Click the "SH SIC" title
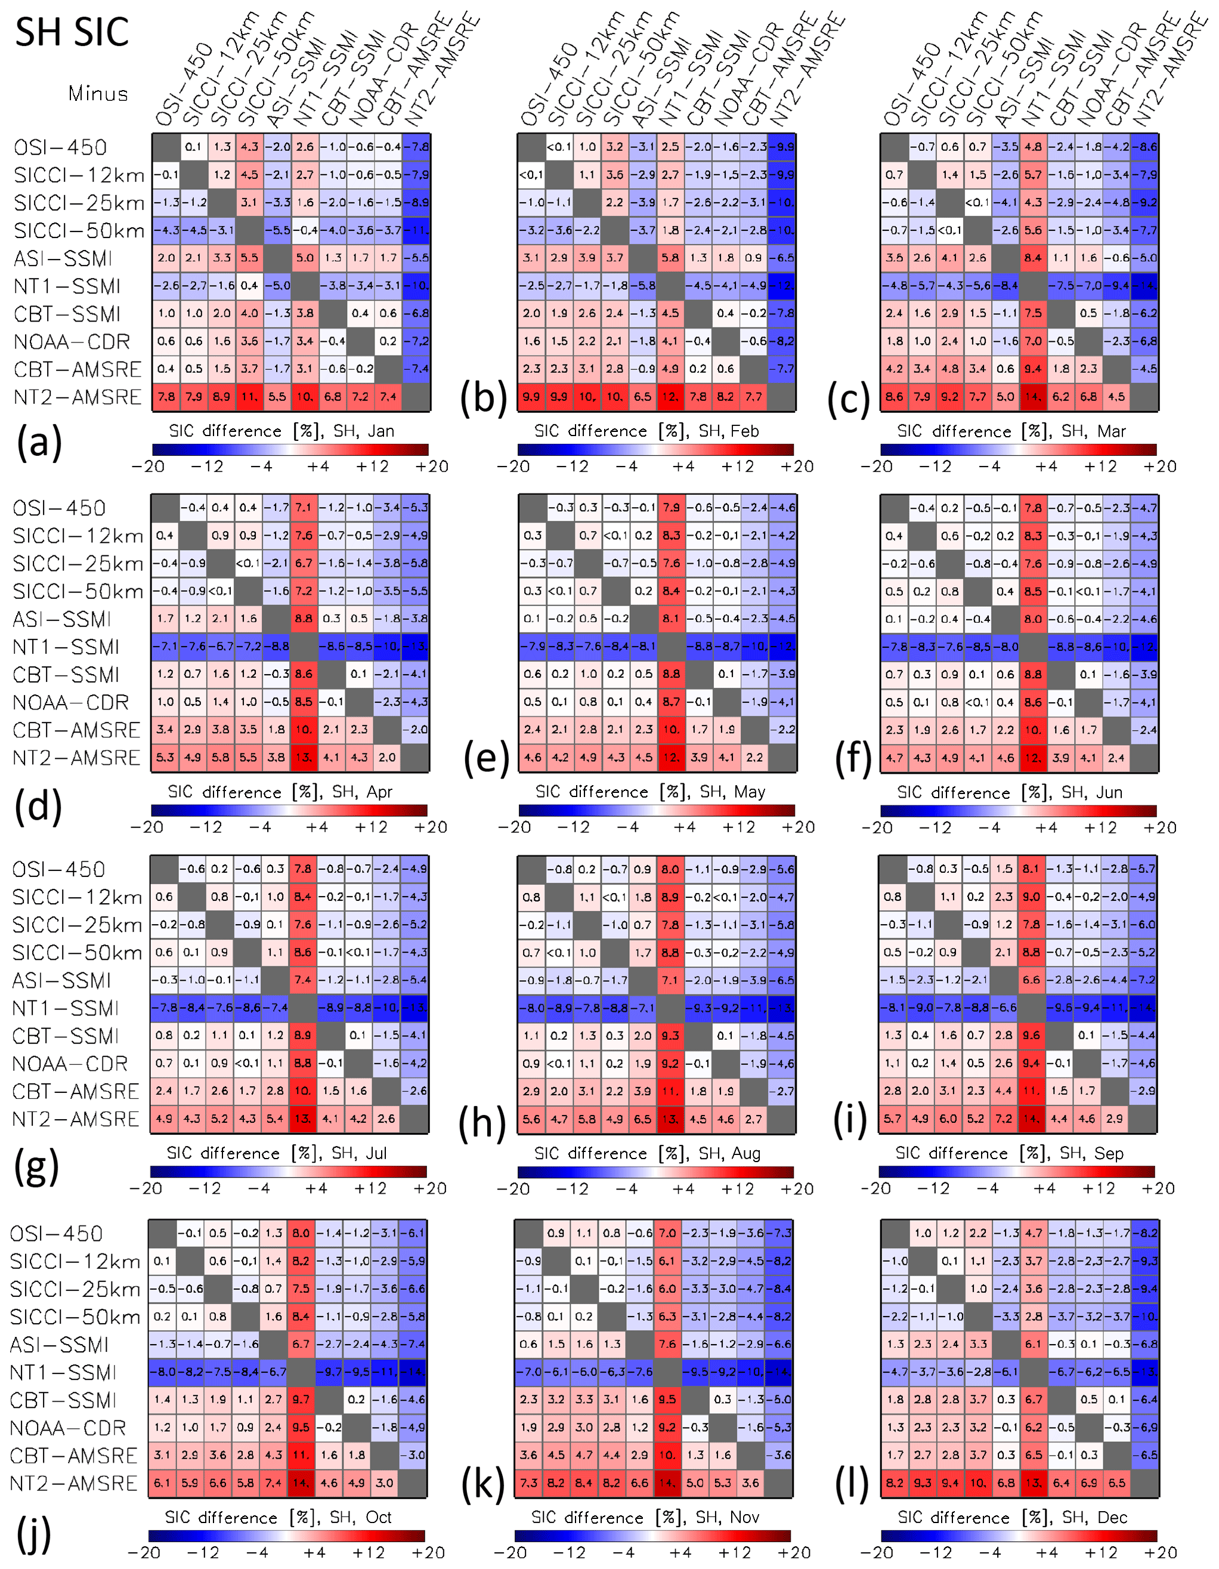pyautogui.click(x=72, y=32)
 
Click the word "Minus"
pyautogui.click(x=98, y=94)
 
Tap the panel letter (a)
pyautogui.click(x=39, y=442)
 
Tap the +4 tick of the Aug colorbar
pyautogui.click(x=683, y=1189)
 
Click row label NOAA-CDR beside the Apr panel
pyautogui.click(x=71, y=703)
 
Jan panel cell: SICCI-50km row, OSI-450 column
pyautogui.click(x=166, y=231)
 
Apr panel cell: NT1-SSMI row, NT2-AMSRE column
pyautogui.click(x=416, y=647)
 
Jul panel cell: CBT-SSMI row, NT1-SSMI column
pyautogui.click(x=302, y=1035)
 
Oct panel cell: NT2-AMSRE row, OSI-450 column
pyautogui.click(x=162, y=1482)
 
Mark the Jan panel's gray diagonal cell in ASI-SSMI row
pyautogui.click(x=277, y=258)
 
